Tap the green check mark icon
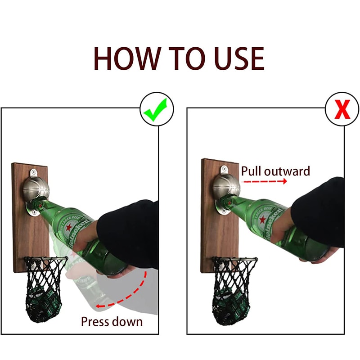click(x=156, y=110)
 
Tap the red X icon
click(x=342, y=110)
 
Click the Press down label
click(x=112, y=321)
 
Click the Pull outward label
click(x=275, y=171)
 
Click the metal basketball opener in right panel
click(x=226, y=186)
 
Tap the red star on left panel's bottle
click(x=70, y=228)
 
